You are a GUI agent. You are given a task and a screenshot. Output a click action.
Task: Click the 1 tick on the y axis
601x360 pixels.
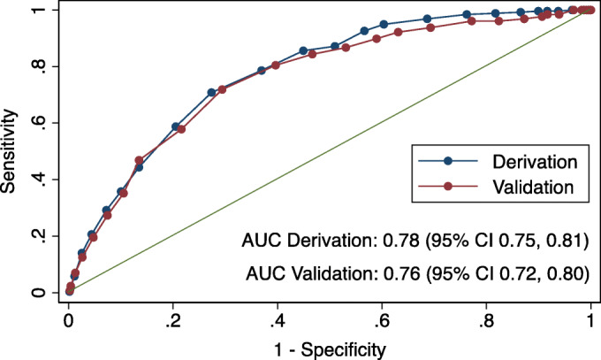36,10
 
